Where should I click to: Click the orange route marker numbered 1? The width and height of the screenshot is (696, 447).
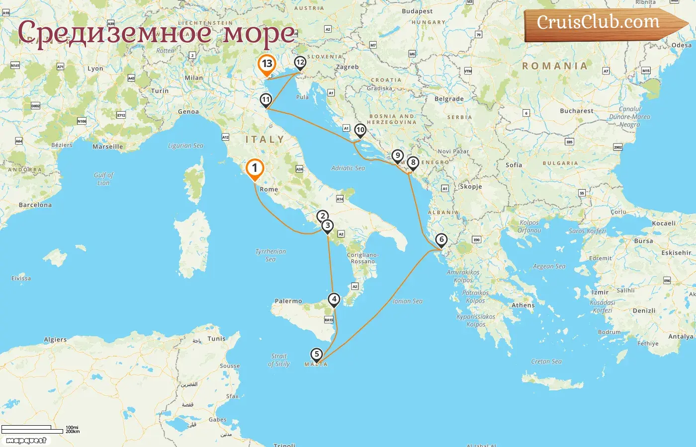255,168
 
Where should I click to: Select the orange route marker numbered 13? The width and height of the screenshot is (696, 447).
267,64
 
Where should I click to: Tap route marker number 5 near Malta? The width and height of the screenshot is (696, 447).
316,354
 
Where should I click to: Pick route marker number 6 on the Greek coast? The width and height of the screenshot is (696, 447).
441,239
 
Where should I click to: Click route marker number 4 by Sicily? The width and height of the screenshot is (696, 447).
334,299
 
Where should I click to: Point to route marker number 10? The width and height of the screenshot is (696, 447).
360,130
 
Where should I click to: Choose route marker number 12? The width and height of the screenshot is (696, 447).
300,63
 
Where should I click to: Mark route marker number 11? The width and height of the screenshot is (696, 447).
266,100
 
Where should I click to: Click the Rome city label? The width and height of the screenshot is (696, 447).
268,189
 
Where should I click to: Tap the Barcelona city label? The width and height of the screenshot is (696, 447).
35,205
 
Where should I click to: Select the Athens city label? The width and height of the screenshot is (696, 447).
523,305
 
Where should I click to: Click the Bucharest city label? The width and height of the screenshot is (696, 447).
576,111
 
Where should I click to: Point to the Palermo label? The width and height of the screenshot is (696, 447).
288,301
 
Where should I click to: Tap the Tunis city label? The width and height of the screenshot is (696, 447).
216,339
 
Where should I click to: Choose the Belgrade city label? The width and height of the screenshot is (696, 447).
449,99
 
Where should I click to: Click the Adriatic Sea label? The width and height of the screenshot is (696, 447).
348,168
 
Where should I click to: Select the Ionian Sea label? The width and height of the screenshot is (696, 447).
407,301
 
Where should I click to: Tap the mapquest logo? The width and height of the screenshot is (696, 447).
26,441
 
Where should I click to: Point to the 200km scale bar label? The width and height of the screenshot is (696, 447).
73,432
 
